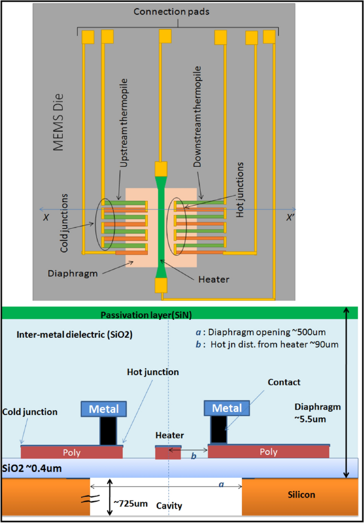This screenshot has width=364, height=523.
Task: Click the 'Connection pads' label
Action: tap(172, 12)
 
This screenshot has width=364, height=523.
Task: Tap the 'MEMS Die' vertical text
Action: tap(58, 122)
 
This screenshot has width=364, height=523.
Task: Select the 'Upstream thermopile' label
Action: tap(124, 123)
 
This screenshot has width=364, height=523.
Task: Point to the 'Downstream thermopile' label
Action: tap(198, 117)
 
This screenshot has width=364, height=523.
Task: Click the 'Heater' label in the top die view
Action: tap(214, 279)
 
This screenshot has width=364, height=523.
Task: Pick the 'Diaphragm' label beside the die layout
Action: tap(73, 274)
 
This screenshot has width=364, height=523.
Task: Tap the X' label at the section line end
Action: tap(290, 218)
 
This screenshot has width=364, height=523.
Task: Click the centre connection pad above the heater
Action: tap(165, 36)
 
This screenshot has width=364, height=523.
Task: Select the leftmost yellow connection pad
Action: tap(88, 37)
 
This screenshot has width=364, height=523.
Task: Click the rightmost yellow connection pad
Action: tap(269, 37)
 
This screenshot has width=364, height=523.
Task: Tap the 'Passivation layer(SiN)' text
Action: tap(146, 315)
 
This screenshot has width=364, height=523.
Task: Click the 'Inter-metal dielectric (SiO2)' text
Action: tap(74, 335)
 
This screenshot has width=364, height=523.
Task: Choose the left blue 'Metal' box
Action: tap(104, 409)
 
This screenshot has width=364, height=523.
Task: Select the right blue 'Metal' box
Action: tap(227, 408)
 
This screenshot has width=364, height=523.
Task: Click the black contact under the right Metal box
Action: tap(218, 429)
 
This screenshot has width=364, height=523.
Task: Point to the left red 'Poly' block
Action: tap(72, 452)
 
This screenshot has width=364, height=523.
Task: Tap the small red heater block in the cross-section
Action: tap(168, 453)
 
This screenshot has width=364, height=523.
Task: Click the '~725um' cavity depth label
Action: tap(131, 503)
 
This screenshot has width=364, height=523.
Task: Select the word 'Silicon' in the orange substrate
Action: tap(301, 495)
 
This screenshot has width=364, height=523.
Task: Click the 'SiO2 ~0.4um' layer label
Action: tap(32, 468)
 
